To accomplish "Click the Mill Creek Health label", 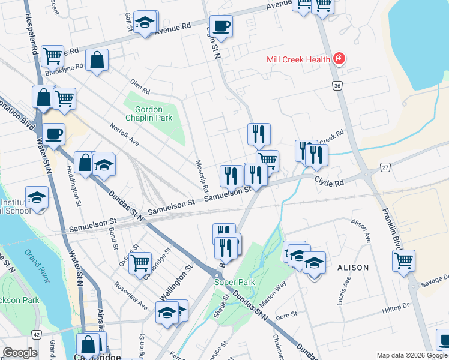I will pos(298,59).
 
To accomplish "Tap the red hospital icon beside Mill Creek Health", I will pos(339,59).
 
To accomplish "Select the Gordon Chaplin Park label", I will pos(154,113).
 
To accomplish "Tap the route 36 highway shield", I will pos(337,86).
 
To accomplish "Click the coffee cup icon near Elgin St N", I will pos(221,26).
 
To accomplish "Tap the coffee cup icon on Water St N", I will pos(53,134).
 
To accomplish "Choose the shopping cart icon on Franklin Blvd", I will pos(403,261).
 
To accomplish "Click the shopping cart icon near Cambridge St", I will pos(139,262).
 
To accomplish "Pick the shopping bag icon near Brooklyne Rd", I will pos(96,60).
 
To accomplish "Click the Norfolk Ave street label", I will pos(124,136).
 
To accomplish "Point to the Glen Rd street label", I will pos(140,86).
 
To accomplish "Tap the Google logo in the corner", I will pos(20,353).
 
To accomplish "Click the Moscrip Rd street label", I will pos(202,172).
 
